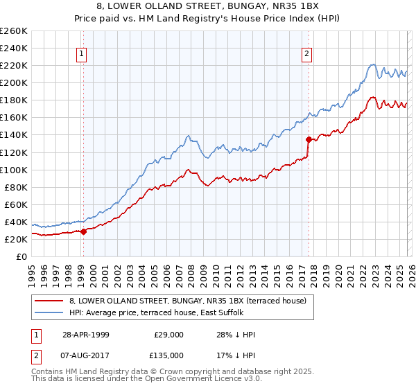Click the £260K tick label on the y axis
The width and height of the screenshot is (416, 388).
tap(14, 31)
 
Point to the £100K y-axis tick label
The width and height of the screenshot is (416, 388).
tap(14, 170)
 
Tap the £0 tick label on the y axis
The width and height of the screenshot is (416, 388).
tap(21, 256)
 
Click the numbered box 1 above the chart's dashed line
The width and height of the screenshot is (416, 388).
tap(83, 53)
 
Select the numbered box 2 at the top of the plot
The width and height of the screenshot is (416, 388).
tap(306, 53)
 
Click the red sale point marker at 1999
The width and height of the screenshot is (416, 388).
tap(83, 231)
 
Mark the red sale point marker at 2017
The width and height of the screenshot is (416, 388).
tap(308, 139)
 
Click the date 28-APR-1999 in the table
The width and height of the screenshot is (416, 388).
tap(85, 335)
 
